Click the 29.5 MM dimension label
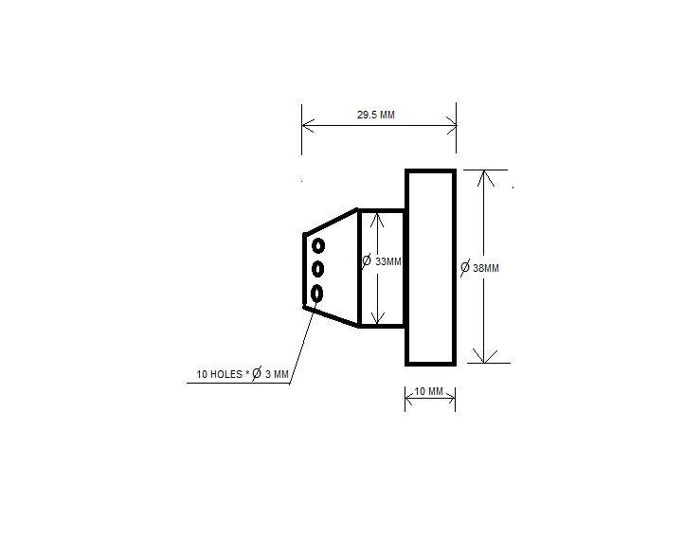click(x=376, y=115)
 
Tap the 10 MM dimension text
click(x=429, y=391)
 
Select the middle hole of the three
click(x=318, y=269)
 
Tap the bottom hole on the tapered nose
click(x=317, y=292)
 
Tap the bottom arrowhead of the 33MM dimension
click(x=377, y=319)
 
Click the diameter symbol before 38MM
click(x=464, y=268)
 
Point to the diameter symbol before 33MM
click(x=367, y=260)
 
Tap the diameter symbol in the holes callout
click(x=256, y=375)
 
